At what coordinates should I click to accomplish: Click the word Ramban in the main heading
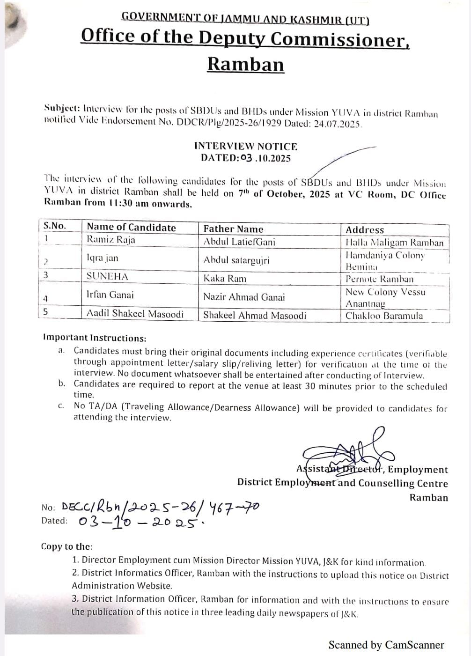point(245,64)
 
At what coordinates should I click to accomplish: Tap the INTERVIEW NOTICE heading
point(245,146)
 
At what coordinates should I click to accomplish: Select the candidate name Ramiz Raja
point(111,240)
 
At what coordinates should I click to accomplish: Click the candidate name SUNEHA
point(107,276)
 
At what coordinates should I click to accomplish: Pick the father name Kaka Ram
point(225,279)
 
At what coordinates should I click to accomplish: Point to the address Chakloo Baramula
point(384,316)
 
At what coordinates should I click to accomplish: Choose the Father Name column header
point(233,229)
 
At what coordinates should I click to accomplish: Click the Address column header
point(365,230)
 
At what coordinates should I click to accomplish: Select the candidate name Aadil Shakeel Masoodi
point(135,314)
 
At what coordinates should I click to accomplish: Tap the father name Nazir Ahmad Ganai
point(244,297)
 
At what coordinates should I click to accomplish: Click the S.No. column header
point(55,226)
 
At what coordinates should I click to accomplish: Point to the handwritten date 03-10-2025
point(140,522)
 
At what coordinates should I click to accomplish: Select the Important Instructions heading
point(95,338)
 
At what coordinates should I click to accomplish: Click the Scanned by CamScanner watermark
point(386,645)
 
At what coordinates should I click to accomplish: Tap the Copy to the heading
point(67,546)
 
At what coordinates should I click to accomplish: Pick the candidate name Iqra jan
point(103,258)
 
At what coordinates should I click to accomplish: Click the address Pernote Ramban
point(380,279)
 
